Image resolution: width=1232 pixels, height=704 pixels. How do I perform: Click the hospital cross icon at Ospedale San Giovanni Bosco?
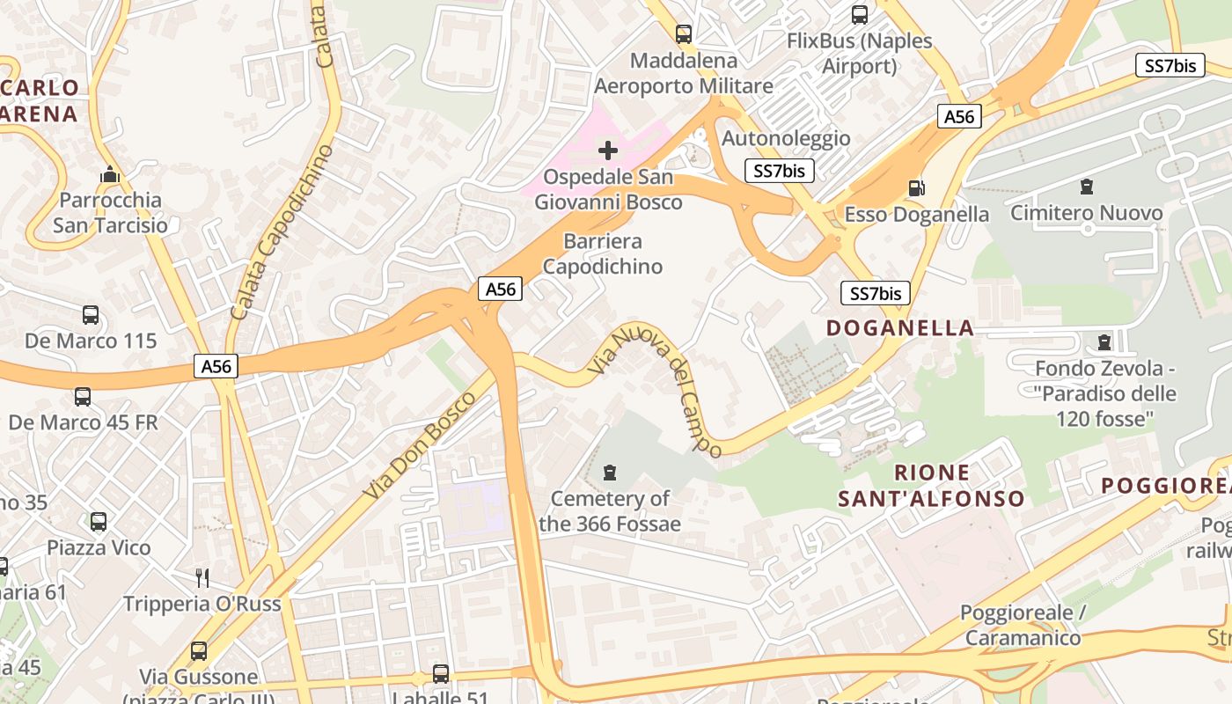608,150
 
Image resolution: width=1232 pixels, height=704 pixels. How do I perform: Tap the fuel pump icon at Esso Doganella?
916,187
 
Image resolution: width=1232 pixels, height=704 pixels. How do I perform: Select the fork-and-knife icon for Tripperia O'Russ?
202,577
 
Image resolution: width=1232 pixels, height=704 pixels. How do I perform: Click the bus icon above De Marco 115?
91,315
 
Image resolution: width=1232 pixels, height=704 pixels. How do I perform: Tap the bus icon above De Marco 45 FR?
83,397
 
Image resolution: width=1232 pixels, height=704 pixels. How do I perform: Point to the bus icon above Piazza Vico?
99,522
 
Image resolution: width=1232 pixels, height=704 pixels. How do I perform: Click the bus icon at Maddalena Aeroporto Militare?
684,34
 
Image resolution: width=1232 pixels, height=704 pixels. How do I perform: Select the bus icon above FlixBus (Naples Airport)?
860,14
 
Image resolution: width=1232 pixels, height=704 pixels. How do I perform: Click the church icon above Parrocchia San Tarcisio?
110,174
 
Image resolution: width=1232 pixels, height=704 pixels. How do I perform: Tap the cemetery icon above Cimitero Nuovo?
1087,187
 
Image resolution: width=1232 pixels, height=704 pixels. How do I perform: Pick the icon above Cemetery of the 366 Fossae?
609,473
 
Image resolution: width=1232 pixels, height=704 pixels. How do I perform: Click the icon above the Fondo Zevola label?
1104,341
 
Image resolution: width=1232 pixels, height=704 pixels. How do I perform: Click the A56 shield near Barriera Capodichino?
501,289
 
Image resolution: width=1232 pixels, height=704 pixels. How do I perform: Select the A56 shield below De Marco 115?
216,366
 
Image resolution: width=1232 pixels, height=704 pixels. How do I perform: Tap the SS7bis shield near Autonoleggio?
780,171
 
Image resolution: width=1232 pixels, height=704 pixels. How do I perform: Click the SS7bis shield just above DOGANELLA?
875,294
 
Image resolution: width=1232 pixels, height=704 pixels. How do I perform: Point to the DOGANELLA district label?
900,328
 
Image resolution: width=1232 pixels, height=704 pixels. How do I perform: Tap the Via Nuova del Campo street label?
656,389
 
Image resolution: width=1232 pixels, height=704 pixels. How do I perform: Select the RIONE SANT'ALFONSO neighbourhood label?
931,486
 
